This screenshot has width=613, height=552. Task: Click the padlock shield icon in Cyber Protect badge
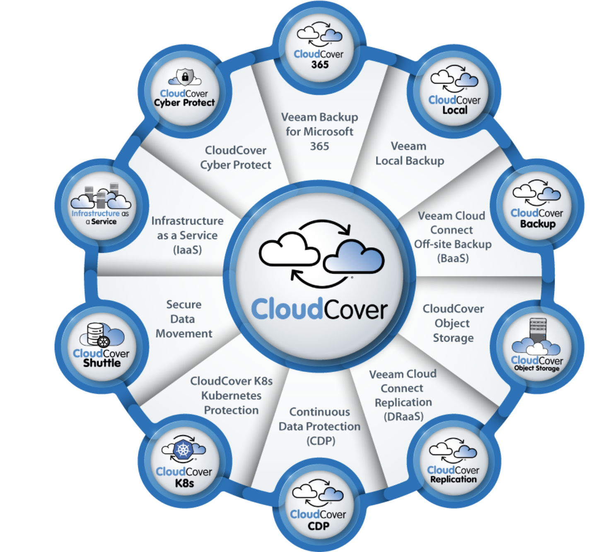coord(185,77)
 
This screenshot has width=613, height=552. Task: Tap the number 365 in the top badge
coord(320,65)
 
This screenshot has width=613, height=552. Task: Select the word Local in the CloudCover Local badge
coord(455,110)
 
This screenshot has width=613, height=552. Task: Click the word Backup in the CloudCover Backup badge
coord(538,224)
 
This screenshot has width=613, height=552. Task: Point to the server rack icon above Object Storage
coord(538,330)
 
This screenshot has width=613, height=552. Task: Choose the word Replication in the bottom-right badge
coord(453,479)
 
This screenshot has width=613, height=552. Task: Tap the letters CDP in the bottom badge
coord(319,526)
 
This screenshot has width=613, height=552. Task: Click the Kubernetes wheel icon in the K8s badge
coord(183,449)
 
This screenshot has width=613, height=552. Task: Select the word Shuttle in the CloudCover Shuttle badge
coord(102,363)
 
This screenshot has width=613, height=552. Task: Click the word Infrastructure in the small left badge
coord(95,214)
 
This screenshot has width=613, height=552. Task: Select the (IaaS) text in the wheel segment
coord(187,250)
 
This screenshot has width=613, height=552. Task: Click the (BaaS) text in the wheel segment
coord(453,258)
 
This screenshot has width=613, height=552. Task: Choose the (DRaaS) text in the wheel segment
coord(403,416)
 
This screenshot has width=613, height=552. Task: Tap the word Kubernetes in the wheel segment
coord(232,396)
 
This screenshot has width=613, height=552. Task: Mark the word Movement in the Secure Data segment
coord(184,334)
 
